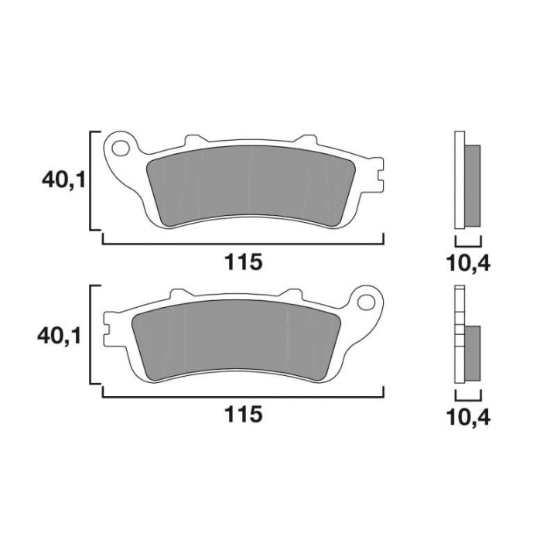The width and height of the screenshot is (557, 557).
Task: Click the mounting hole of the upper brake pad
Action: coord(121,148)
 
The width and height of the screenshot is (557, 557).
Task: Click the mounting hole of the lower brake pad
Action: coord(366,302)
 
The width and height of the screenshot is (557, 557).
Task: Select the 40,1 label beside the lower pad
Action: coord(60,336)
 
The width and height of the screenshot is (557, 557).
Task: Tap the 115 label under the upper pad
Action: coord(244,262)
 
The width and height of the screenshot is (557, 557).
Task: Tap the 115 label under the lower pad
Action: coord(244,414)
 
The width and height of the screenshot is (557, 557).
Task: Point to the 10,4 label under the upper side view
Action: coord(469,264)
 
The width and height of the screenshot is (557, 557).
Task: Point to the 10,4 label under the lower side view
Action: coord(469,418)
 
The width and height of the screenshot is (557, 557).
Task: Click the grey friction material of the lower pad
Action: coord(236,340)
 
